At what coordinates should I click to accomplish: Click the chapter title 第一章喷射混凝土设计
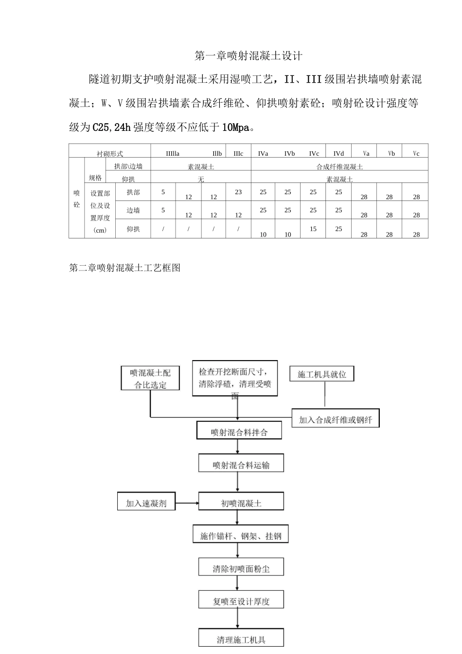click(249, 56)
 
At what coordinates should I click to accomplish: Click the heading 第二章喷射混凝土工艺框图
click(125, 268)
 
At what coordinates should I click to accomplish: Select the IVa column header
click(263, 153)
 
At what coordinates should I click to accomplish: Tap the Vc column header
click(416, 153)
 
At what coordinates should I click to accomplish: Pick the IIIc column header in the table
click(238, 153)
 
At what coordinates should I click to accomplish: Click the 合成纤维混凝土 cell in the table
click(339, 167)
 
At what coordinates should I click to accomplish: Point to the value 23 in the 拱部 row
click(238, 192)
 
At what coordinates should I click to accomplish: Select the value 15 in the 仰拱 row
click(313, 229)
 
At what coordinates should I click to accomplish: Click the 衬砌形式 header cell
click(110, 154)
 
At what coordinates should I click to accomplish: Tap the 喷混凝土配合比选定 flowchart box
click(150, 379)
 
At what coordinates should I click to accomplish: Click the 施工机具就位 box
click(321, 374)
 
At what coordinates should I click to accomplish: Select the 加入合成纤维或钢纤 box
click(335, 419)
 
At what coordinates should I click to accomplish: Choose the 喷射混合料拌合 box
click(239, 432)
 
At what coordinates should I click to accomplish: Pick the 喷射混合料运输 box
click(241, 465)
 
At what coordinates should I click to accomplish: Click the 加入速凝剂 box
click(146, 503)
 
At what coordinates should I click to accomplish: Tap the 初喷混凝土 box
click(241, 503)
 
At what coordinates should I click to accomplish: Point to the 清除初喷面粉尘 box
click(241, 568)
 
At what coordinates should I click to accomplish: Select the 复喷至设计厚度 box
click(241, 601)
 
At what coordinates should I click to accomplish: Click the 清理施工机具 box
click(241, 639)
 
